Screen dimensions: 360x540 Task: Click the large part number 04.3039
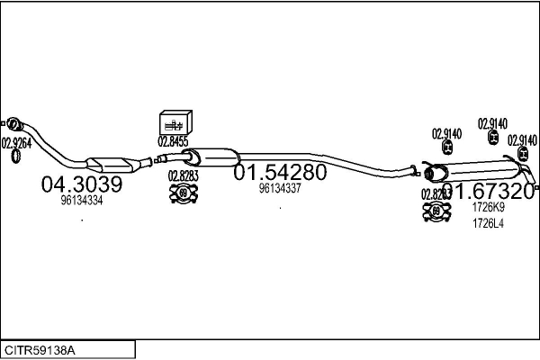tap(81, 184)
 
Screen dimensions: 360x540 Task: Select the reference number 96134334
tap(81, 202)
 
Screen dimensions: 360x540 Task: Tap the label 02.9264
tap(16, 142)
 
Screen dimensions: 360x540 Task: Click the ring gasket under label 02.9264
tap(16, 158)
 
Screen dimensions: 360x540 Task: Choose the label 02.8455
tap(173, 141)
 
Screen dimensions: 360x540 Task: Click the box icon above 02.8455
tap(173, 123)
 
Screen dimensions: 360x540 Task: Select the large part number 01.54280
tap(280, 172)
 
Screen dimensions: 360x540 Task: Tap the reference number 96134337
tap(280, 189)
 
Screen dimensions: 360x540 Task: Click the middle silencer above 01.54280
tap(209, 155)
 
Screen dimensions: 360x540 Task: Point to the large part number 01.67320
tap(488, 191)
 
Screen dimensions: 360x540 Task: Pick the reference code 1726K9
tap(488, 208)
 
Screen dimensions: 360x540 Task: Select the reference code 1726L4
tap(488, 224)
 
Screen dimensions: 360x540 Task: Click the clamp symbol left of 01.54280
tap(184, 193)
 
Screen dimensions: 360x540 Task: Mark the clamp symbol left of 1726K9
tap(436, 212)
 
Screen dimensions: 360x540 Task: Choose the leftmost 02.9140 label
tap(446, 134)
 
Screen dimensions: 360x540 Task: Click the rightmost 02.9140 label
tap(522, 140)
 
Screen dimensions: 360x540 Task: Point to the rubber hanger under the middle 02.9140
tap(493, 138)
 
